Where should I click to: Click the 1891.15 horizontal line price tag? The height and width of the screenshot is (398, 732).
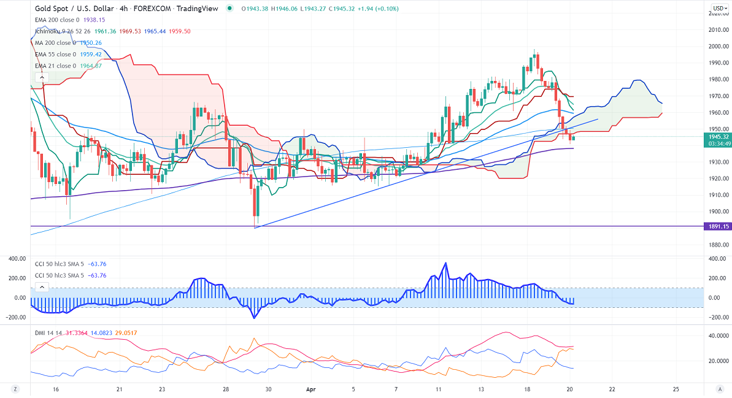[x=717, y=226]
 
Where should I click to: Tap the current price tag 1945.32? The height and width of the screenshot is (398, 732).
[x=717, y=136]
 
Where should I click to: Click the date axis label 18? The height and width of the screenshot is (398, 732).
[x=527, y=389]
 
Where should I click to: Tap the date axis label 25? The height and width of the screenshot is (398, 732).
[x=676, y=389]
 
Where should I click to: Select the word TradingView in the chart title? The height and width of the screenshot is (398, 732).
[x=198, y=8]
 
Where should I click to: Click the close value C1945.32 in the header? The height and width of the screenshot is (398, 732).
[x=345, y=8]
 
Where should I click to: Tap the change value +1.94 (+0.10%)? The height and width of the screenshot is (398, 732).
[x=387, y=8]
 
